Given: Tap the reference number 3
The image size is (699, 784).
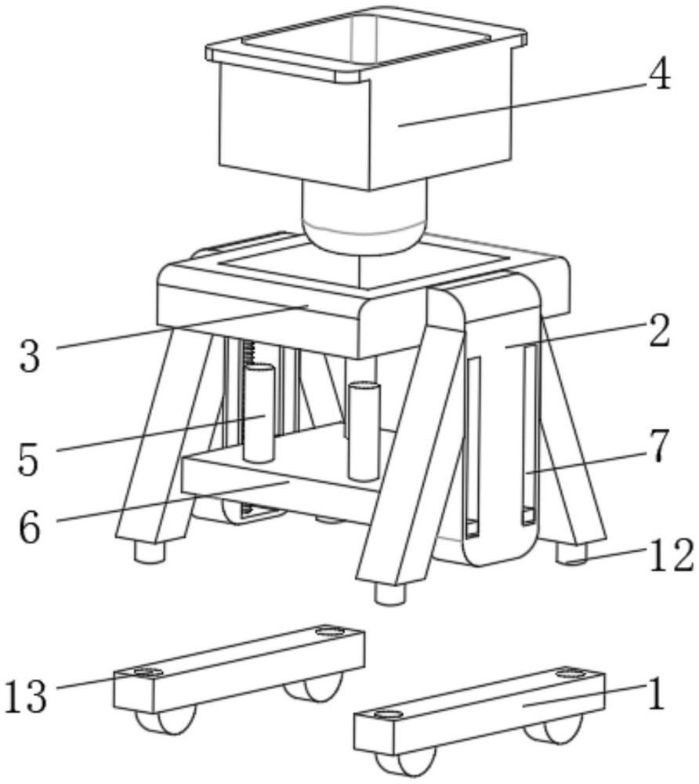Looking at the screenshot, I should click(x=30, y=355).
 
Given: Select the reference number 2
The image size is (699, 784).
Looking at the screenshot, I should click(x=660, y=332).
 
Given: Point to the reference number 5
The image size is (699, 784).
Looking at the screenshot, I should click(x=28, y=457).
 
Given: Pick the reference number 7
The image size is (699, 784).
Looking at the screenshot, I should click(x=658, y=448).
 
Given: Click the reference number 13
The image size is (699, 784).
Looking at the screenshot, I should click(x=26, y=695).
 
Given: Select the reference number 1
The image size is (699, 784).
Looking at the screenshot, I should click(x=657, y=695).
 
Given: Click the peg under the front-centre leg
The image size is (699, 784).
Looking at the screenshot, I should click(x=389, y=594).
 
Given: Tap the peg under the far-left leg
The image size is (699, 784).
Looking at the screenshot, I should click(x=149, y=553).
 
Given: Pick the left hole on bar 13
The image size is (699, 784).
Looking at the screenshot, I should click(x=144, y=672).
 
